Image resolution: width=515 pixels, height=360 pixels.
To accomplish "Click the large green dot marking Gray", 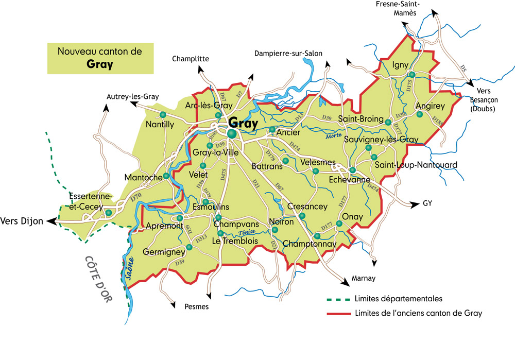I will [232, 134].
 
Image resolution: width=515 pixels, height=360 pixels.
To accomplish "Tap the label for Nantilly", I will [160, 124].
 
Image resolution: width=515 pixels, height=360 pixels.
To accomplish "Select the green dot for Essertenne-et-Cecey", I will [109, 212].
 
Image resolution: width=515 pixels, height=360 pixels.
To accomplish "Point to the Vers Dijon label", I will [22, 221].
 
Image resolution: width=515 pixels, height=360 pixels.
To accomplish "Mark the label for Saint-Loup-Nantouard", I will [416, 165].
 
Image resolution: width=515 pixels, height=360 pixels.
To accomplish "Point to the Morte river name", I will [333, 136].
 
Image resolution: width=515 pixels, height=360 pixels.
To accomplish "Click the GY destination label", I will [427, 203].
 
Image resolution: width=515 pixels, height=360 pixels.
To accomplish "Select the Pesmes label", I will [196, 306].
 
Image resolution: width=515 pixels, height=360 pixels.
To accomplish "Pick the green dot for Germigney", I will [189, 247].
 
